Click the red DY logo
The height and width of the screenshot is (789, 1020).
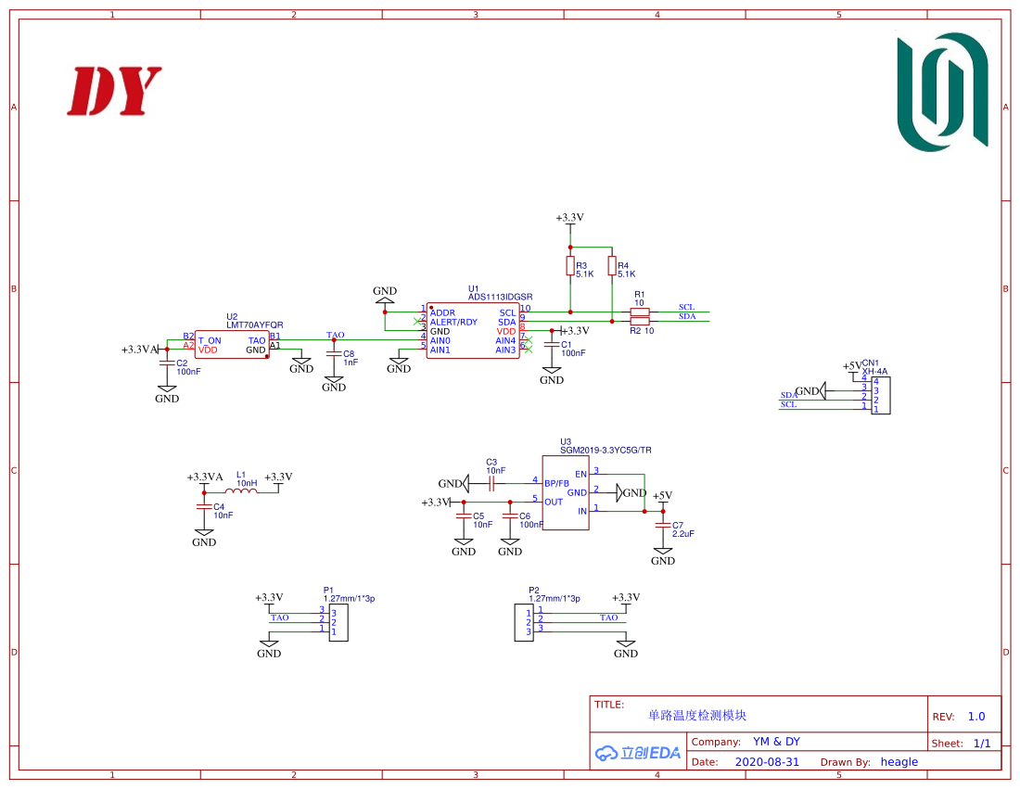click(x=113, y=91)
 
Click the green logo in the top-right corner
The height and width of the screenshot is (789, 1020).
click(x=942, y=92)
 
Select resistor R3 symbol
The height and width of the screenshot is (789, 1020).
click(x=569, y=266)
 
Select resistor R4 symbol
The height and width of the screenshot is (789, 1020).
click(x=611, y=266)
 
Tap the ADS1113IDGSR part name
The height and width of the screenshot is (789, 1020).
click(x=501, y=298)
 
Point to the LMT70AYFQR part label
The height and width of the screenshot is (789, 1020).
click(x=255, y=325)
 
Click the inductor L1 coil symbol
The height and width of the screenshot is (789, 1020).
click(x=246, y=491)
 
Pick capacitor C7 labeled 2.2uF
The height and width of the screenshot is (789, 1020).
click(x=662, y=526)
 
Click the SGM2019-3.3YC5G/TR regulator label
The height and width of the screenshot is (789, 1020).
click(x=606, y=450)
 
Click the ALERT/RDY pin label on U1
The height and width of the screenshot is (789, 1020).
click(x=453, y=322)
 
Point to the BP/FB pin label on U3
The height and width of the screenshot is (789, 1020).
click(x=557, y=483)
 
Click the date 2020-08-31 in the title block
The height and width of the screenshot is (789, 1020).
click(x=767, y=762)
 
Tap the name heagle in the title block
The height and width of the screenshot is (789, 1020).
click(x=899, y=762)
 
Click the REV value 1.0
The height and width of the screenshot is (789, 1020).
click(x=976, y=717)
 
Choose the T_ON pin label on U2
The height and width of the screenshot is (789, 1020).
click(x=210, y=340)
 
